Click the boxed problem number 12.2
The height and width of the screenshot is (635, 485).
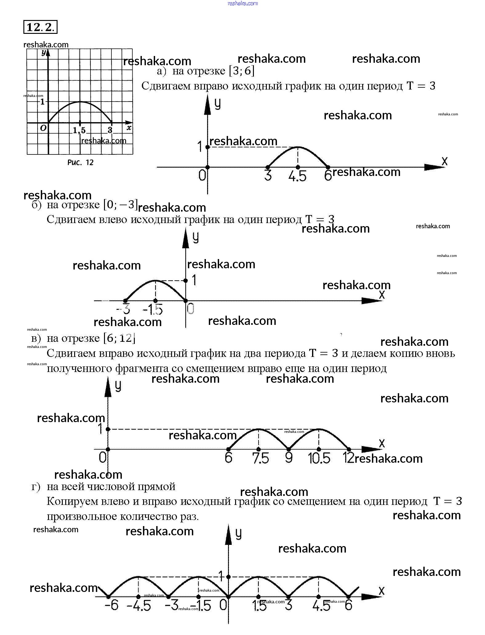coord(40,27)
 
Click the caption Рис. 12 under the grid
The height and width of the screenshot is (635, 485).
coord(80,162)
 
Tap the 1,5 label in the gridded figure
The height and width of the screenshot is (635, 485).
coord(79,131)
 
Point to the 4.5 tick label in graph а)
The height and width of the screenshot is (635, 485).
coord(298,176)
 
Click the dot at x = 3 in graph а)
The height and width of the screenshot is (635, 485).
coord(268,167)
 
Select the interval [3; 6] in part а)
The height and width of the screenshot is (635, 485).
coord(242,71)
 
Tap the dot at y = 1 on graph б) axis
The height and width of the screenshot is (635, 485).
coord(186,280)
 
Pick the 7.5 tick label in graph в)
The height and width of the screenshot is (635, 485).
coord(260,458)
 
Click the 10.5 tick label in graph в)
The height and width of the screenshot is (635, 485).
coord(319,458)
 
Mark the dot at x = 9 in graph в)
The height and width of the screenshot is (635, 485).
coord(289,449)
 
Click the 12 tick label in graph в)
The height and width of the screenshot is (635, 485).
coord(349,458)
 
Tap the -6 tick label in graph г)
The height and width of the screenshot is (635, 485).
coord(111,605)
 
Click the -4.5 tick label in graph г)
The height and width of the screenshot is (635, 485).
coord(139,606)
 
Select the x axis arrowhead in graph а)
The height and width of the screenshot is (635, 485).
coord(434,167)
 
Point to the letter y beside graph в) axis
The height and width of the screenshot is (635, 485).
coord(118,386)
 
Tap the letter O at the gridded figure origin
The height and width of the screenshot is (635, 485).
coord(43,128)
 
